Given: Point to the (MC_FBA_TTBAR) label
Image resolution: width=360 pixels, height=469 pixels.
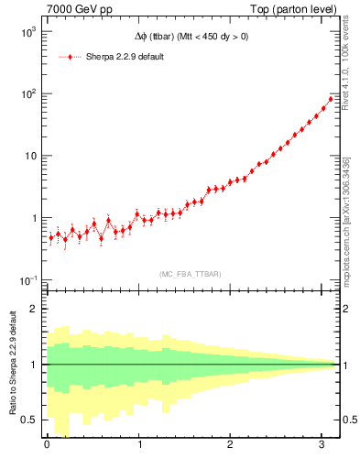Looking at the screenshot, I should [x=191, y=273].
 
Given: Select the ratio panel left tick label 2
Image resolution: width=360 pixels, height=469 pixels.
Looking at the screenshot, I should [x=32, y=309].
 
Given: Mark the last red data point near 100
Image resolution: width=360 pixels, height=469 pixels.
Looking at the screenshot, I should [x=331, y=99].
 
